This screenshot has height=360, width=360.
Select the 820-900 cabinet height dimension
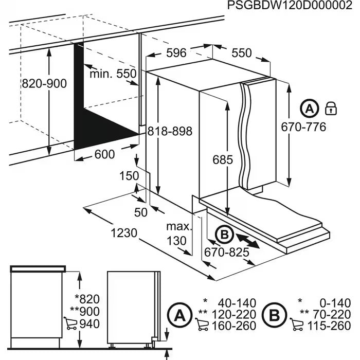click(x=44, y=84)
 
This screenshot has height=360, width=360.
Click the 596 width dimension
click(x=176, y=53)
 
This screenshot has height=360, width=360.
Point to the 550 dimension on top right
click(x=242, y=53)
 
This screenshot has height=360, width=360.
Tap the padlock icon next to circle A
click(x=331, y=108)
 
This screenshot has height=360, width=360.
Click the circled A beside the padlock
click(x=310, y=108)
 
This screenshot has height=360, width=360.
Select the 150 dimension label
click(x=130, y=176)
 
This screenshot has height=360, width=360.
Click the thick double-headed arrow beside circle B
click(x=248, y=241)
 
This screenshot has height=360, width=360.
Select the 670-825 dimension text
click(x=226, y=253)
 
